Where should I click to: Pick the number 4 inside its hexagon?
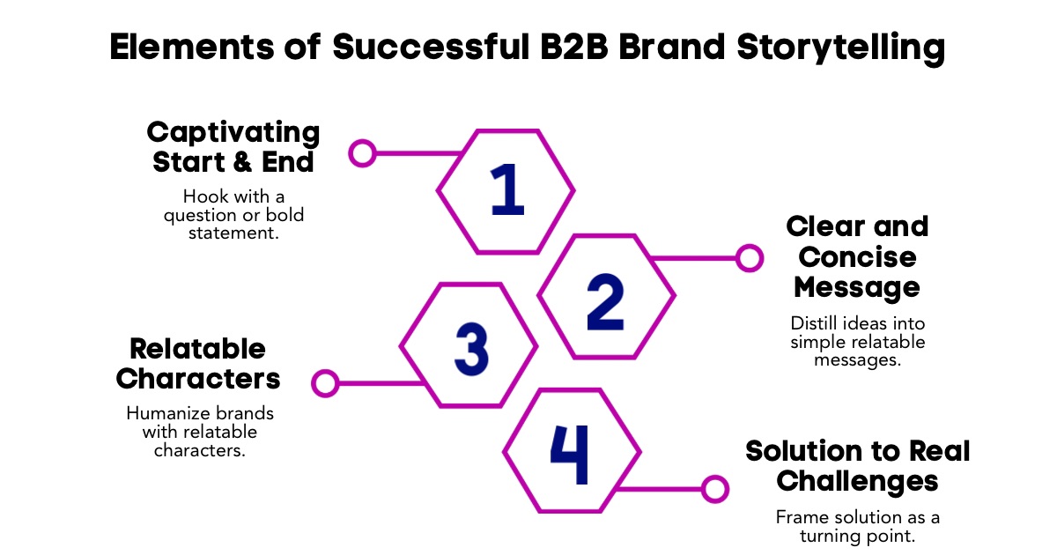569,455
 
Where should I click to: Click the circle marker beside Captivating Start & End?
362,153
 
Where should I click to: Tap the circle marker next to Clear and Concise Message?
749,258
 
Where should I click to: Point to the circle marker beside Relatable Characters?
326,383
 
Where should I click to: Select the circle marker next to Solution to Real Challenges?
714,488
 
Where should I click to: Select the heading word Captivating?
233,133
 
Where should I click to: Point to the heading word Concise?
856,257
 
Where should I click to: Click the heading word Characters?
198,380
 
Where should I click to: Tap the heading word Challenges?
857,482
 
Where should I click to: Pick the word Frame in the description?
797,517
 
